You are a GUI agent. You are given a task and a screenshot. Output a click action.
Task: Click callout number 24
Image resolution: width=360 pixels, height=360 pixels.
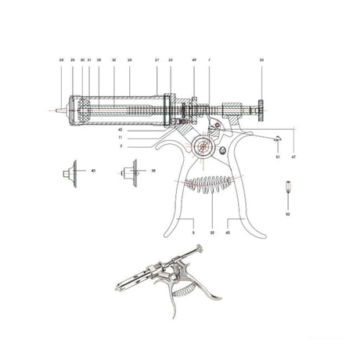coord(61,59)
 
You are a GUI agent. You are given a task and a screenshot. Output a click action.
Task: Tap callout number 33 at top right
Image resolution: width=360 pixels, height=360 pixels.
coord(261,59)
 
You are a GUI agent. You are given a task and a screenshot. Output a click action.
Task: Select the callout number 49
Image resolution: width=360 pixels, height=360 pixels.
coord(193,59)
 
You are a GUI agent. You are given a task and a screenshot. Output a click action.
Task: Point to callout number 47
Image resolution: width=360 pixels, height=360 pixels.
coord(293,157)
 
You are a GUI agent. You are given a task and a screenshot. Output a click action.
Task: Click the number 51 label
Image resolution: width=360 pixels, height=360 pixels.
coord(277,157)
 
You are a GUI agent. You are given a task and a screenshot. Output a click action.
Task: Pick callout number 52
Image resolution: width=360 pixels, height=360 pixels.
coord(287,213)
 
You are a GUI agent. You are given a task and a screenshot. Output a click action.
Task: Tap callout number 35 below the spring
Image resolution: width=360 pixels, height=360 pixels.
coord(212,232)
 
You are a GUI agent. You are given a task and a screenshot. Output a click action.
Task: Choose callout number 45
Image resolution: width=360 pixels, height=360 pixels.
coord(228,232)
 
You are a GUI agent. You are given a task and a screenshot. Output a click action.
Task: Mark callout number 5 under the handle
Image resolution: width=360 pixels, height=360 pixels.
coord(193,232)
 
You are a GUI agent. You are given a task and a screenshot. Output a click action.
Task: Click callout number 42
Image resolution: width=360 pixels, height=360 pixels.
coord(121,130)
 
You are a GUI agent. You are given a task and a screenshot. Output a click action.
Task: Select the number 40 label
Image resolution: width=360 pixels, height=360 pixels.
coord(93,170)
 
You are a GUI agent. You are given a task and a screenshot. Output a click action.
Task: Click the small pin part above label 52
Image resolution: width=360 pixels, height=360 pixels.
coord(287,188)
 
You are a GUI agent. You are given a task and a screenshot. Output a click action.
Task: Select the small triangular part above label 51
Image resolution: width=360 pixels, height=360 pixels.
coord(277,139)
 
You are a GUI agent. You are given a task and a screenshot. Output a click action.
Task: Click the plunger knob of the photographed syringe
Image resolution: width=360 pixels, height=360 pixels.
coord(199,250)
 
